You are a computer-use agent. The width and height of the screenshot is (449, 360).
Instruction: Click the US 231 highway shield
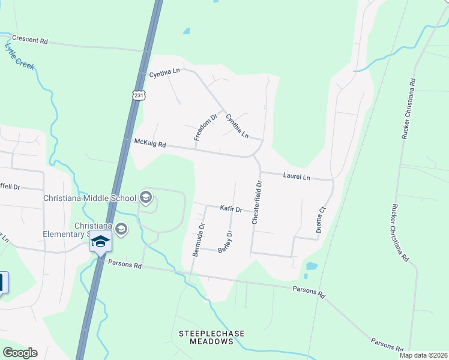click(139, 95)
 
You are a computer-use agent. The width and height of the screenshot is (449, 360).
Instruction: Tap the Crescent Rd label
click(29, 41)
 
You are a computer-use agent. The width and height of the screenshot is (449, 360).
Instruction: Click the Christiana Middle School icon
click(145, 196)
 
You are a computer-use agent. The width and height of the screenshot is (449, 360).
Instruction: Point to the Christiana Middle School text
click(90, 198)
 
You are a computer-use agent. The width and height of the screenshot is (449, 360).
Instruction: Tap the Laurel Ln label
click(297, 177)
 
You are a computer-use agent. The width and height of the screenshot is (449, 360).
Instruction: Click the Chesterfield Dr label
click(256, 203)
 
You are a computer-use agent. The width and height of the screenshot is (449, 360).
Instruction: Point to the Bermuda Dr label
click(199, 240)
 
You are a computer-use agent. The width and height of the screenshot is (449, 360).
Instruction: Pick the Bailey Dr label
click(225, 242)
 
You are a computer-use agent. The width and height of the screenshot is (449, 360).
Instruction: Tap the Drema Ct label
click(321, 220)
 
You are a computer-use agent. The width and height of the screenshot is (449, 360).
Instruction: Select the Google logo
click(20, 353)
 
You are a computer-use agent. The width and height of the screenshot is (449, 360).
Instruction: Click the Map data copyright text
click(423, 355)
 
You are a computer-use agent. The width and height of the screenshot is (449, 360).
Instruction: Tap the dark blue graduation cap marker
click(101, 242)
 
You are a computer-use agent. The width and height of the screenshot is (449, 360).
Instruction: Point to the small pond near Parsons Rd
click(311, 266)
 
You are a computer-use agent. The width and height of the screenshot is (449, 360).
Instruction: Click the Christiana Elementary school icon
click(121, 229)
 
